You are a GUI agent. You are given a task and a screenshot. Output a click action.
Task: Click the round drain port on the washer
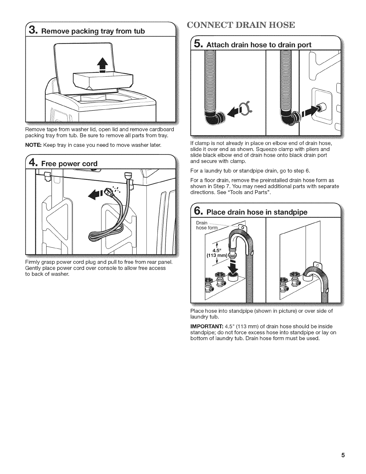coord(322,107)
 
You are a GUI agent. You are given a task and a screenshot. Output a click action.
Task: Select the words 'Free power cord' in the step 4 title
coord(69,164)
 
